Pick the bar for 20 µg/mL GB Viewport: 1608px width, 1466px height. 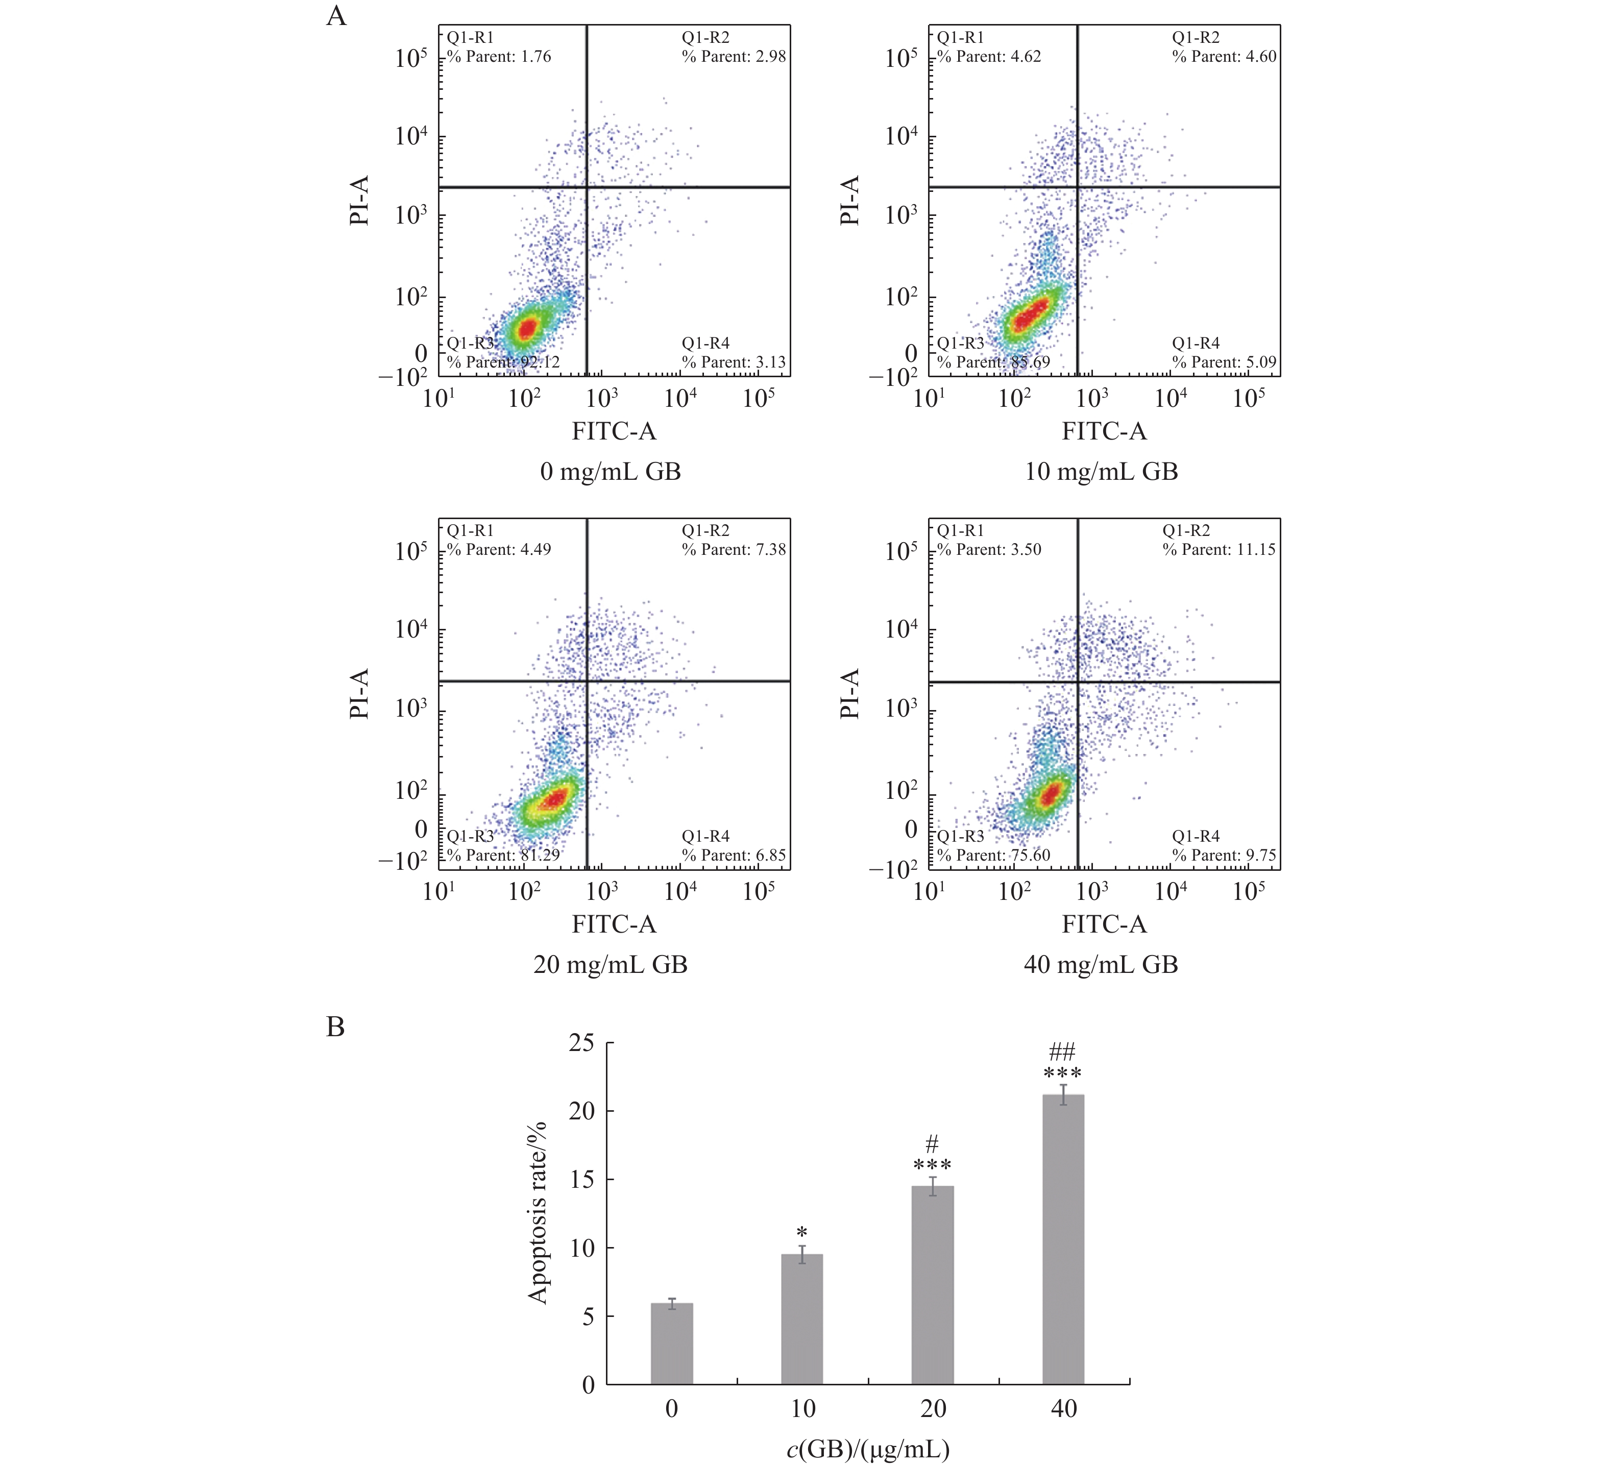click(933, 1285)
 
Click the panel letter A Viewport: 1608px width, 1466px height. click(336, 16)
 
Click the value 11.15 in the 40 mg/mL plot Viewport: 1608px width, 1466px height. click(1256, 550)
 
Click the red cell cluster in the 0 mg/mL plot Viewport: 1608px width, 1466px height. click(526, 328)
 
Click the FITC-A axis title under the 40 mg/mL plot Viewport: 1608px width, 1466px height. click(1104, 924)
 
